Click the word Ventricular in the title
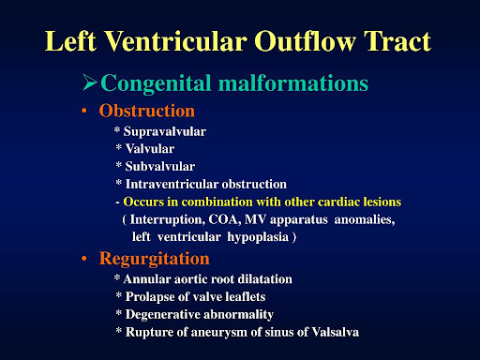[x=176, y=41]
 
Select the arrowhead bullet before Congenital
[x=90, y=82]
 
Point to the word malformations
[x=293, y=82]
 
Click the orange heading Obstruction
[x=147, y=111]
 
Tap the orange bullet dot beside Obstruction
[x=83, y=111]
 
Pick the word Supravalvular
[x=165, y=132]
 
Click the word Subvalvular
[x=160, y=166]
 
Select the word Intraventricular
[x=172, y=184]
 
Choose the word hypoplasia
[x=258, y=237]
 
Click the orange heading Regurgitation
[x=154, y=259]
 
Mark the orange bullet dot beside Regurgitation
[x=83, y=259]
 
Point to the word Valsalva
[x=336, y=332]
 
